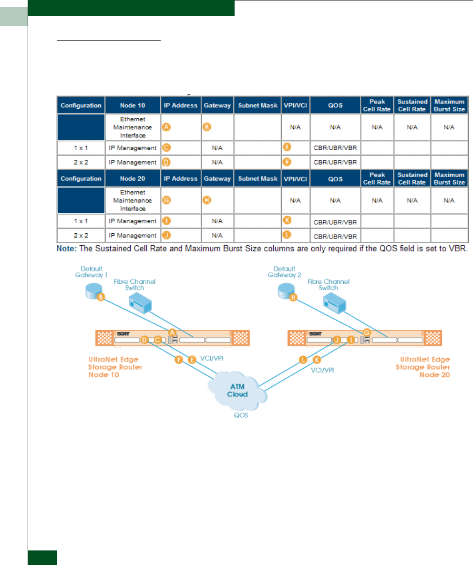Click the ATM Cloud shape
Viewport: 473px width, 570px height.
237,390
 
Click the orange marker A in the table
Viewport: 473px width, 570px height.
166,128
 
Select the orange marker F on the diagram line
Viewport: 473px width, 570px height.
179,360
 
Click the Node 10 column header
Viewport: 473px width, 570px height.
132,105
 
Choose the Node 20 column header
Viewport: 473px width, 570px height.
132,179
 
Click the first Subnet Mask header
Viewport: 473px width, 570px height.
257,105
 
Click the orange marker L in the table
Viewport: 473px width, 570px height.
287,234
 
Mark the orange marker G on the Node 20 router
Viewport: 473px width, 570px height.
367,332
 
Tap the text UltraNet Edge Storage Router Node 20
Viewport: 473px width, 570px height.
422,367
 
